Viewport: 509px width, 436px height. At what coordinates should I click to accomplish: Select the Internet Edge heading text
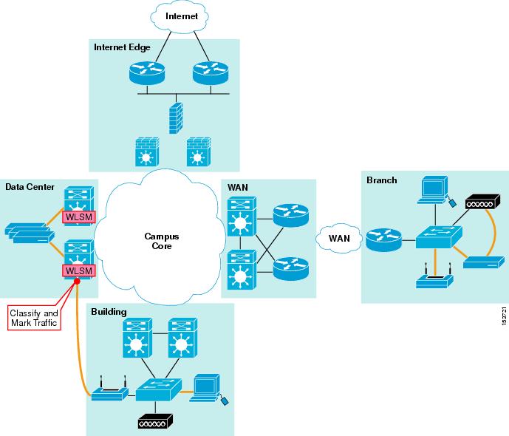(122, 47)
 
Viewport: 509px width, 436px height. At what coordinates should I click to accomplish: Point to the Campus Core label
(157, 241)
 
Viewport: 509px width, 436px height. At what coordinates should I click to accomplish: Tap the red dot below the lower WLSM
(77, 281)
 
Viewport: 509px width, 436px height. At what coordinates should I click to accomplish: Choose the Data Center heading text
(30, 187)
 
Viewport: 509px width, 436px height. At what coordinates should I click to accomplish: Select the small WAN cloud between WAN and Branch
(339, 239)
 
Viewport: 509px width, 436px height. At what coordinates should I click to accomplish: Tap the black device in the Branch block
(484, 202)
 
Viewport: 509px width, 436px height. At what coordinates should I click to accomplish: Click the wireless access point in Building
(109, 392)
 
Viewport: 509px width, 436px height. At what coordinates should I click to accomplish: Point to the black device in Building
(155, 420)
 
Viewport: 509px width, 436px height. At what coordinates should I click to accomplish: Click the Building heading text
(109, 313)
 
